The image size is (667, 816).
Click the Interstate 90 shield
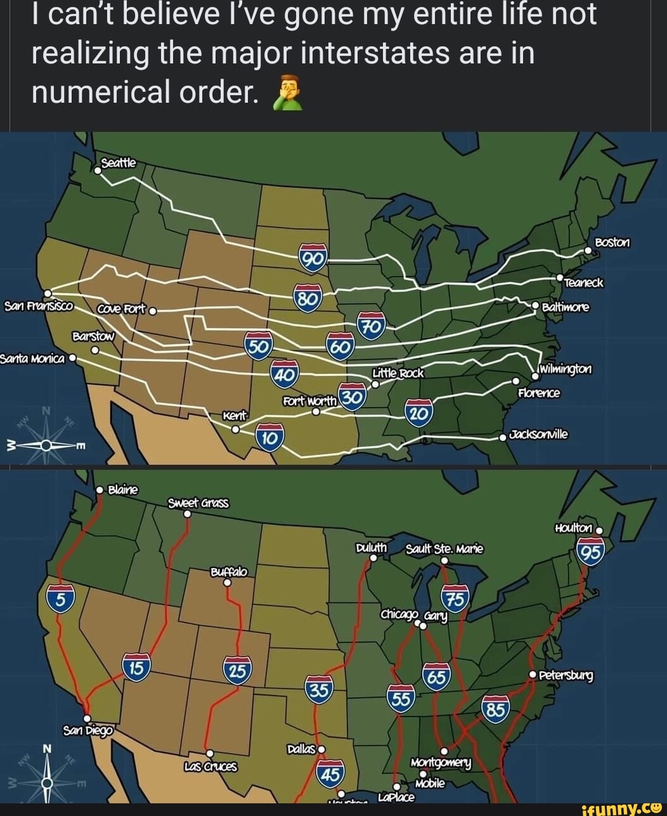[x=314, y=256]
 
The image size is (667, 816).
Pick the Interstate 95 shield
[x=591, y=552]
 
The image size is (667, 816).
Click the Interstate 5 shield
[x=60, y=597]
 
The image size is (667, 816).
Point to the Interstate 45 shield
[x=330, y=773]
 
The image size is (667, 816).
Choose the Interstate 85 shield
[x=496, y=709]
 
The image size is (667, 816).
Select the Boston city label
[x=612, y=243]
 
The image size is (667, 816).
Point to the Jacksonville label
[x=539, y=434]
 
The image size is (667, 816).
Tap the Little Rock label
[x=398, y=373]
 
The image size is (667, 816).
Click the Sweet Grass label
[x=198, y=503]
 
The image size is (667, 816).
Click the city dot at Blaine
[x=100, y=490]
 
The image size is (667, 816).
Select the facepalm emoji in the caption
[x=287, y=94]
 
